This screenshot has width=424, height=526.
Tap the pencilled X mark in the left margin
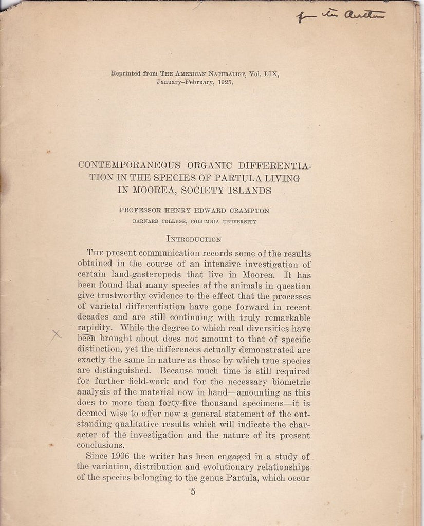pos(56,335)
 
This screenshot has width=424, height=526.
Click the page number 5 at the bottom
pos(193,492)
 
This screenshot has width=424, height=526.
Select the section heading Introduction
pos(194,238)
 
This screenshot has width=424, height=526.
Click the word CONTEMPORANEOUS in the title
pos(129,165)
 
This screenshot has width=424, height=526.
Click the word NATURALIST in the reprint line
pos(222,73)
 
